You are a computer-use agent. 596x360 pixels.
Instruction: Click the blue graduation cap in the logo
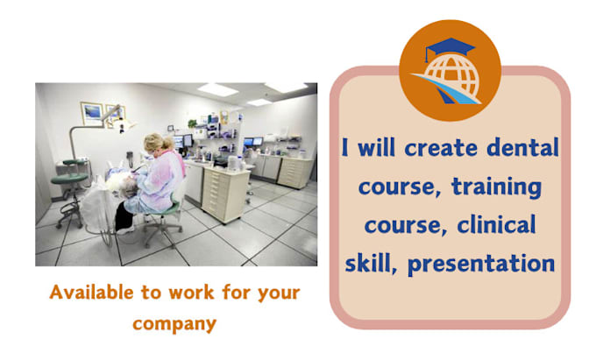tap(449, 49)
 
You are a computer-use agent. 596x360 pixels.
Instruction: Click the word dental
tap(520, 148)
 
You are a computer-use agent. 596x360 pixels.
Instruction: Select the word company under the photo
tap(174, 322)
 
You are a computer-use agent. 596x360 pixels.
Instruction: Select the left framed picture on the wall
tap(92, 114)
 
